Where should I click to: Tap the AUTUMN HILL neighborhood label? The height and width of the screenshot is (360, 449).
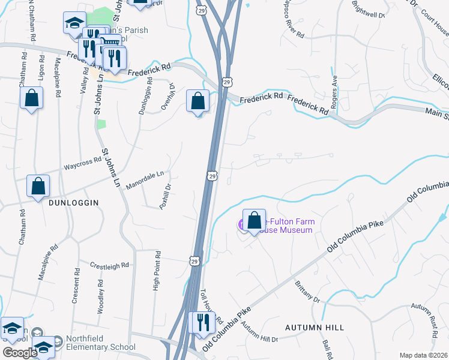pyautogui.click(x=315, y=328)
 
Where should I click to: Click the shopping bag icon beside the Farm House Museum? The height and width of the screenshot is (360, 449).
pyautogui.click(x=255, y=220)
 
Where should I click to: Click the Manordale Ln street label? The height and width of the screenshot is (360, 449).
pyautogui.click(x=145, y=180)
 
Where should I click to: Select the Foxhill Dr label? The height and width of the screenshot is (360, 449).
pyautogui.click(x=166, y=196)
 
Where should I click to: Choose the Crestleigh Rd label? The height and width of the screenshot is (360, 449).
pyautogui.click(x=109, y=265)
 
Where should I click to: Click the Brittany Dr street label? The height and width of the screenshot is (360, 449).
pyautogui.click(x=307, y=290)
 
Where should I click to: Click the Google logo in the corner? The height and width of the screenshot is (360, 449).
pyautogui.click(x=20, y=353)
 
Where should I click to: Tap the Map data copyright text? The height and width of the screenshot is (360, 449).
pyautogui.click(x=424, y=355)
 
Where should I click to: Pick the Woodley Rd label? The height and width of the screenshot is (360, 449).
pyautogui.click(x=101, y=293)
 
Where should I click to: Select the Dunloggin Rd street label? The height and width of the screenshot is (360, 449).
pyautogui.click(x=143, y=98)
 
